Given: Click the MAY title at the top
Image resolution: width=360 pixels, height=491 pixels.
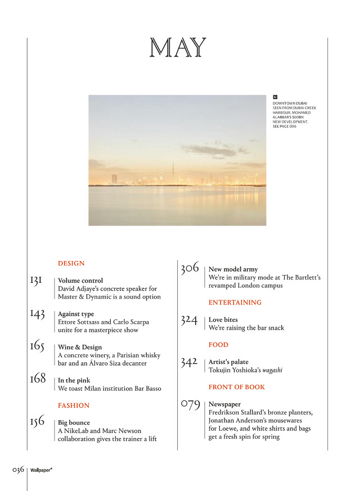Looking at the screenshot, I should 178,48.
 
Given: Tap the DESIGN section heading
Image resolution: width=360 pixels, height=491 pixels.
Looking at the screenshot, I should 71,263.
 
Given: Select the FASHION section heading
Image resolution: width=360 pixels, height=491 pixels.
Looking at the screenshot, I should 74,405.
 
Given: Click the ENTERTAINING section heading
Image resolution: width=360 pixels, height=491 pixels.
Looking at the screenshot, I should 235,303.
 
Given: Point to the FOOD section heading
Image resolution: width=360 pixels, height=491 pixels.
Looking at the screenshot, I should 218,345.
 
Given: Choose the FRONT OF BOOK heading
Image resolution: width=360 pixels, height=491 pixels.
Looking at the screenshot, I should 236,387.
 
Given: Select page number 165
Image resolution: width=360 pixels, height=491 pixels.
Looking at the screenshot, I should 37,346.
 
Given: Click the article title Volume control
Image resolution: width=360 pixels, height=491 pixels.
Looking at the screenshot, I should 80,281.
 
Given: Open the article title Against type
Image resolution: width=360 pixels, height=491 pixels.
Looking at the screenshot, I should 76,314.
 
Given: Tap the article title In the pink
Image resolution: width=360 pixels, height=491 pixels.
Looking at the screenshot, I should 74,381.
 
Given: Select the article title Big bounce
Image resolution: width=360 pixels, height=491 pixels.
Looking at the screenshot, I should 74,422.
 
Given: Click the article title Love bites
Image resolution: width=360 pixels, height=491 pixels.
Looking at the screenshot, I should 223,320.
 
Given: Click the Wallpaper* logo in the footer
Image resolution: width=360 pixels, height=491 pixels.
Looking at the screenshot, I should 41,470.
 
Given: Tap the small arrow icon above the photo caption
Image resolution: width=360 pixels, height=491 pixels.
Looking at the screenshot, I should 275,97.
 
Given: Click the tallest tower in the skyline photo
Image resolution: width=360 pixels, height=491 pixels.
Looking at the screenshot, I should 173,172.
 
